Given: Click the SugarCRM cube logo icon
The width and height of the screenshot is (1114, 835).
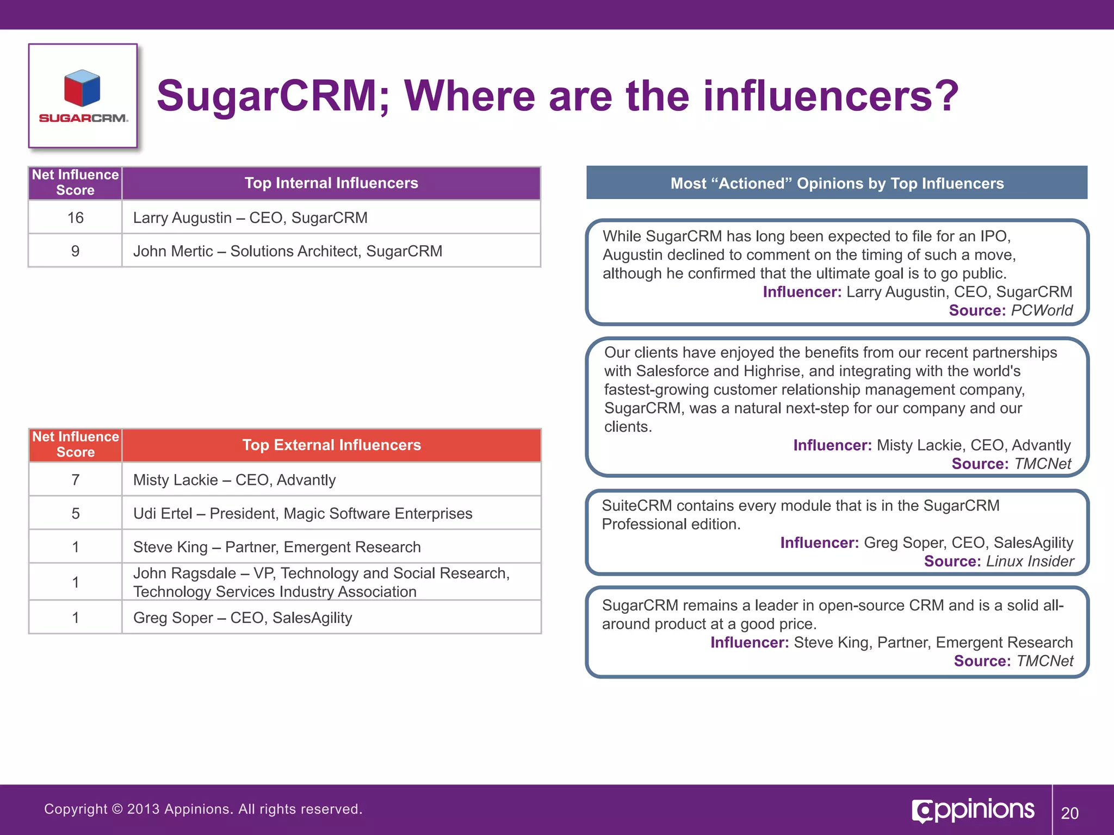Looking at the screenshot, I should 82,88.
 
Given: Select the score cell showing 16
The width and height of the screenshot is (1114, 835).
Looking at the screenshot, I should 75,218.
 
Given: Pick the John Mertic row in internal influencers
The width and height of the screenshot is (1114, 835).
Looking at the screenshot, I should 287,251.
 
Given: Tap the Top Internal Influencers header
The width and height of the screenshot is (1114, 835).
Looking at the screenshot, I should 331,183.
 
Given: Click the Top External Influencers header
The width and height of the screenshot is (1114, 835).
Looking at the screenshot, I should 331,445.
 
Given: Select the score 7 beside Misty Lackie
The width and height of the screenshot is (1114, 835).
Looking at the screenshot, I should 75,480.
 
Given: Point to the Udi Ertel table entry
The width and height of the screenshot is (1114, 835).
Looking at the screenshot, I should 302,514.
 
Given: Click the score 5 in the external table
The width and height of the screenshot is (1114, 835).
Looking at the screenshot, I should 75,514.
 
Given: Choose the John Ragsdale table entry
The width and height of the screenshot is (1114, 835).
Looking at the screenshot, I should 321,582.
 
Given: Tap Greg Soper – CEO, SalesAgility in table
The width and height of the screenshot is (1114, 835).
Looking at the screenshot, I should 243,618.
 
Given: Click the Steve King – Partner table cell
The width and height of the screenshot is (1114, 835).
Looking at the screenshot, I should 276,547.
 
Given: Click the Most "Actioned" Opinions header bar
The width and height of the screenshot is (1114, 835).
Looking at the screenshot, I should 837,184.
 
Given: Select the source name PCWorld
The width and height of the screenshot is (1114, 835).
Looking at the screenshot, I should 1042,310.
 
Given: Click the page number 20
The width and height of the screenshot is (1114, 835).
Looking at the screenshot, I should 1069,813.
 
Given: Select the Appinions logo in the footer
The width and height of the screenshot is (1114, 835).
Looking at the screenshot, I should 973,810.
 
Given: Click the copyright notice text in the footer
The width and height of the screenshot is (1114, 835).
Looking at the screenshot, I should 203,809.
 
